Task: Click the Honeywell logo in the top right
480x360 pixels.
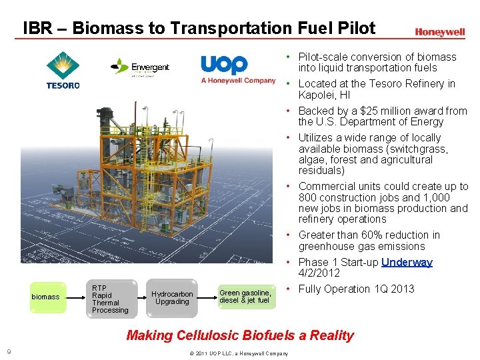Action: click(x=439, y=32)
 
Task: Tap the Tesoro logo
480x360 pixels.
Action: click(x=63, y=70)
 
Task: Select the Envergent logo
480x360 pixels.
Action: click(x=141, y=67)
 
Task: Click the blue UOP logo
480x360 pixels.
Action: click(x=225, y=65)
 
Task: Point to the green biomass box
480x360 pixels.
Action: click(x=46, y=297)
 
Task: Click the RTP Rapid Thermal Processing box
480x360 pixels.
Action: click(x=109, y=299)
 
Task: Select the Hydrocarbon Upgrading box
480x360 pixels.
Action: click(x=171, y=297)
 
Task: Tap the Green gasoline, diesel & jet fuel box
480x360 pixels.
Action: click(x=245, y=297)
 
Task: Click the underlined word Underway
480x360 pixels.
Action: click(x=407, y=262)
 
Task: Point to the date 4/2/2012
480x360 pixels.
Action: click(x=319, y=273)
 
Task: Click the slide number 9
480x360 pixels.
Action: click(x=9, y=352)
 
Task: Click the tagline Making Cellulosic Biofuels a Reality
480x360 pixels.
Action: click(x=240, y=335)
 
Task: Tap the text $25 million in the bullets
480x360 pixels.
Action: click(x=381, y=111)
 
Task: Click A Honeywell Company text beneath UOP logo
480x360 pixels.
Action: click(x=238, y=81)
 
